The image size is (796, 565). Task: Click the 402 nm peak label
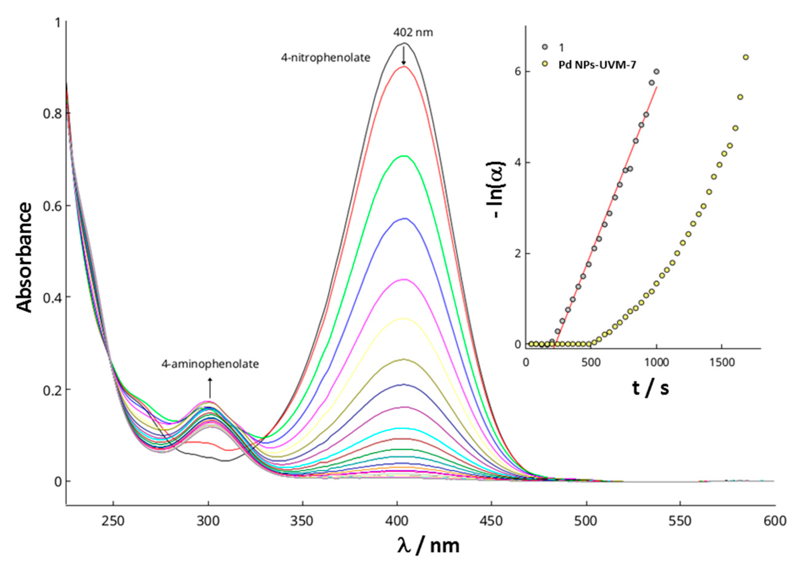(x=413, y=33)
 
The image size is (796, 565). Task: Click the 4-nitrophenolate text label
(x=325, y=57)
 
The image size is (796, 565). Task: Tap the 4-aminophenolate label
(x=210, y=364)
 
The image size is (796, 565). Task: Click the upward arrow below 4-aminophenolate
(x=210, y=388)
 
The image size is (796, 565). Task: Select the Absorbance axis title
(x=24, y=258)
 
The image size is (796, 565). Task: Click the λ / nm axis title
(x=428, y=545)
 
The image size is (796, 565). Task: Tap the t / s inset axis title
(x=650, y=388)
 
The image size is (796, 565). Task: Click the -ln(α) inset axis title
(x=498, y=190)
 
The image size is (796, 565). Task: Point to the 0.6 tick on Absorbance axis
(x=52, y=205)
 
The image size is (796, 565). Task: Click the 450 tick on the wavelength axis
(x=491, y=521)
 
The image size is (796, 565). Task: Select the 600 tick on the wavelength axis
(x=774, y=521)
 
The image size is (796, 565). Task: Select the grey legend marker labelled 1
(x=545, y=47)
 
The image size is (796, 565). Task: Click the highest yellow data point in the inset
(x=745, y=57)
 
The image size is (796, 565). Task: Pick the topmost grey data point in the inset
(x=657, y=72)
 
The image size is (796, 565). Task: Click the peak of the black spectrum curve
(x=404, y=43)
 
